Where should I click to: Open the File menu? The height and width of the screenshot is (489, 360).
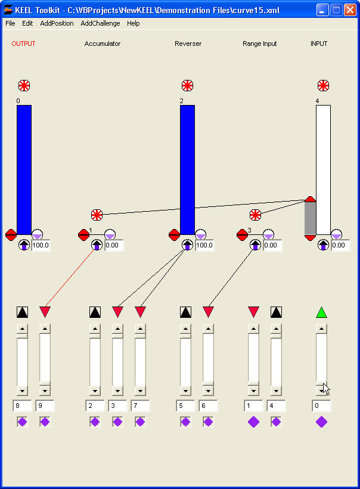tap(10, 23)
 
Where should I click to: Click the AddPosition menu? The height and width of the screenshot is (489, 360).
tap(57, 23)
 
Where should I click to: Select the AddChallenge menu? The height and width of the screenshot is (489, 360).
tap(100, 23)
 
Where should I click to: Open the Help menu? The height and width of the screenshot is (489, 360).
tap(133, 23)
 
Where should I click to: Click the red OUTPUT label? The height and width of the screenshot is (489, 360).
tap(23, 44)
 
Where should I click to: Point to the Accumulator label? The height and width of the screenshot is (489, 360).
tap(102, 44)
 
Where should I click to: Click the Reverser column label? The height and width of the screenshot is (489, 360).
tap(188, 44)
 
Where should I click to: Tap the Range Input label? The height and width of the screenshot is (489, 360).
tap(259, 44)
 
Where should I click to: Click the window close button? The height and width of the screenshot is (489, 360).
tap(350, 10)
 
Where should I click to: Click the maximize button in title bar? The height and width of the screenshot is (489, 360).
tap(336, 10)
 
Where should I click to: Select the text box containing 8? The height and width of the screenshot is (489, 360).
tap(22, 406)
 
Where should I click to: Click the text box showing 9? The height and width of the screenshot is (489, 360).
tap(45, 406)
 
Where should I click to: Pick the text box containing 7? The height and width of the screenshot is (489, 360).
tap(140, 406)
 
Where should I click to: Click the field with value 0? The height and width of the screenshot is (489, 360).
tap(321, 406)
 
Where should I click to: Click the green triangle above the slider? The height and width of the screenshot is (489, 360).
tap(321, 312)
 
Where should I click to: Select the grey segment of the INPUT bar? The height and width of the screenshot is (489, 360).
tap(310, 218)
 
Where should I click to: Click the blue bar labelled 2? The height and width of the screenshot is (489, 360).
tap(187, 170)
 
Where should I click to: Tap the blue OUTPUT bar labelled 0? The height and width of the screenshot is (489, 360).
tap(24, 170)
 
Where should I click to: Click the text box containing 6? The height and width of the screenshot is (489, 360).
tap(208, 406)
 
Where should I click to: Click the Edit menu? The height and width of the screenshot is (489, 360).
tap(27, 23)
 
